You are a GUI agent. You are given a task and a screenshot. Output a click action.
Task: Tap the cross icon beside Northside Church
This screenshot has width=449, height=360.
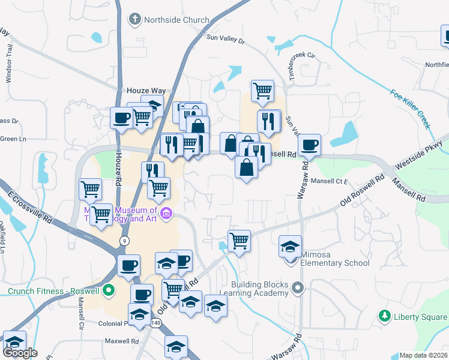[x=134, y=20]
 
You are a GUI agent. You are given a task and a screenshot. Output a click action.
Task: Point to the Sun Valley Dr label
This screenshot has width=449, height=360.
[x=226, y=40]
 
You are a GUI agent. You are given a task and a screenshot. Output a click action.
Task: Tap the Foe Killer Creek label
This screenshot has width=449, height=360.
[x=411, y=109]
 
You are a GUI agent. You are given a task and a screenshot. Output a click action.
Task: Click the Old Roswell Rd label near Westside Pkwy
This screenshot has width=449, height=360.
[x=362, y=191]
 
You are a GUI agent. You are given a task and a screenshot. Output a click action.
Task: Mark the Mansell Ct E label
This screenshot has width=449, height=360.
[x=330, y=181]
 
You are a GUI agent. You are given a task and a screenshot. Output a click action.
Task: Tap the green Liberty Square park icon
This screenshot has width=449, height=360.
[x=385, y=316]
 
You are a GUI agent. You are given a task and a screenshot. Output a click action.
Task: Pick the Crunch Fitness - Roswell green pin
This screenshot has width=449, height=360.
[x=109, y=292]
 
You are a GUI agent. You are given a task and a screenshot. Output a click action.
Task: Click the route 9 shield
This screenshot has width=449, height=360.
[x=124, y=241]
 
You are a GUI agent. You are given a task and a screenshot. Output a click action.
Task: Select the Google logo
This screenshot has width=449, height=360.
[x=20, y=353]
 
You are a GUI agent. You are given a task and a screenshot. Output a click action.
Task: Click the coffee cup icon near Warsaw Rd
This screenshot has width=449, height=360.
[x=309, y=145]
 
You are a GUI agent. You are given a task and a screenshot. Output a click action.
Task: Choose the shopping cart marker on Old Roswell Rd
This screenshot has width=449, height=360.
[x=239, y=241]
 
